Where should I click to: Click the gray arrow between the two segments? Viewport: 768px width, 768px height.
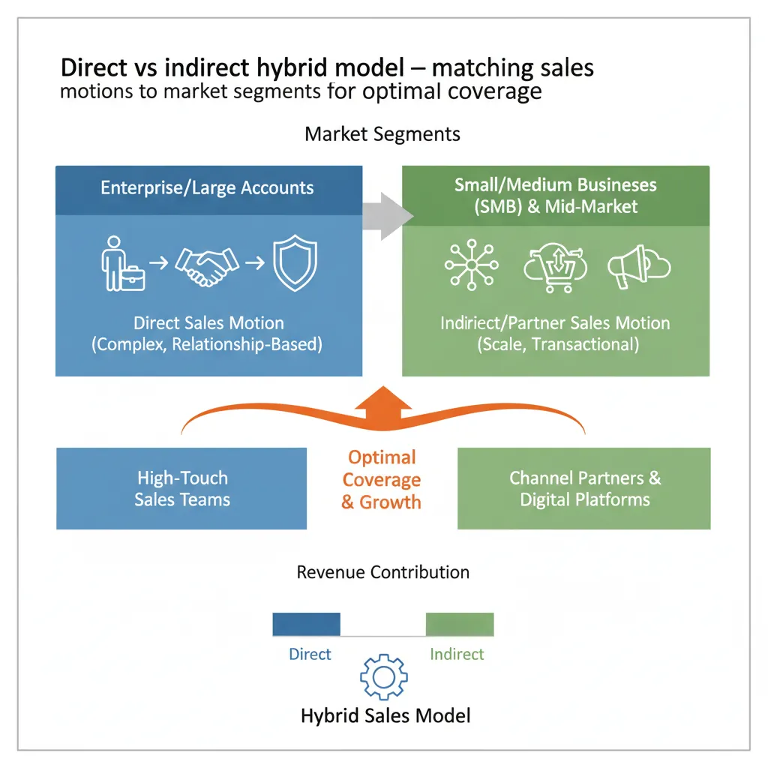coord(387,216)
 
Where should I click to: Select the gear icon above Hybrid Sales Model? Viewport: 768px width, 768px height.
coord(383,676)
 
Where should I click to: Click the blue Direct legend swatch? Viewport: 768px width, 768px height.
coord(306,624)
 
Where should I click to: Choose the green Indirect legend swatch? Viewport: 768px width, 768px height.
coord(459,624)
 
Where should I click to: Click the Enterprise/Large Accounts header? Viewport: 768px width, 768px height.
coord(208,187)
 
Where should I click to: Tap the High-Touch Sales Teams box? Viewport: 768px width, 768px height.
coord(181,488)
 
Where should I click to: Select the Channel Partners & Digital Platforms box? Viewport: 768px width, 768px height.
coord(584,488)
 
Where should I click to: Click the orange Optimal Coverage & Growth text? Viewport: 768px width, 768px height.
coord(382,480)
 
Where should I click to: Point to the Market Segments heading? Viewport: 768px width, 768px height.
coord(382,135)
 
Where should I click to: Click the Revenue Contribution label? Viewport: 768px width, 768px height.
coord(382,572)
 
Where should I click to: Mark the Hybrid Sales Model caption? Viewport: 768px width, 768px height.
coord(385,715)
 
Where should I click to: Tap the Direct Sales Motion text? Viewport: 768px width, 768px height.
coord(208,324)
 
